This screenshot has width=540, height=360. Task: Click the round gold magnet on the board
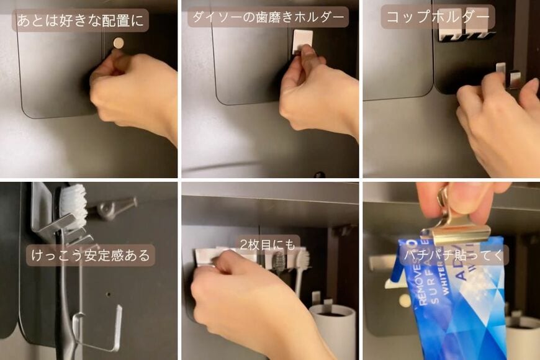(x=119, y=42)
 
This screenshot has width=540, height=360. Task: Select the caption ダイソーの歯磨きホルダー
(x=268, y=17)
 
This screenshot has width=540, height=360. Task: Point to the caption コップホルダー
(x=438, y=17)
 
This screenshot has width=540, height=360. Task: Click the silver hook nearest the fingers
(x=515, y=79)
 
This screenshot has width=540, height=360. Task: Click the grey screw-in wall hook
(x=112, y=208)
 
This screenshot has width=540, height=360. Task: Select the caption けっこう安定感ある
(x=90, y=255)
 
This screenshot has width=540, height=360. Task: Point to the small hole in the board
(x=107, y=294)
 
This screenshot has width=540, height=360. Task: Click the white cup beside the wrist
(x=333, y=329)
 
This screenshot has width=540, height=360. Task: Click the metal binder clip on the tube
(x=451, y=220)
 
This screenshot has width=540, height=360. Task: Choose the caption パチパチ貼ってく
(x=454, y=254)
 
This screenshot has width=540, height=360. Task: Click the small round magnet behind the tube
(x=405, y=300)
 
